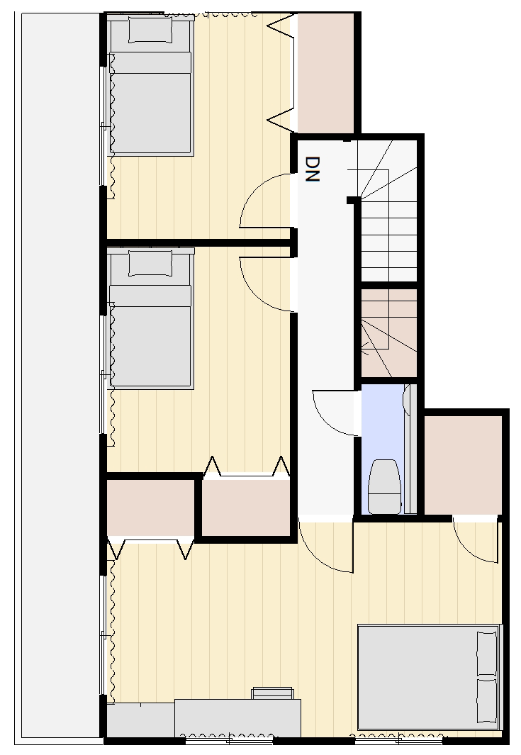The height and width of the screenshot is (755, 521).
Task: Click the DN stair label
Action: pos(313,169)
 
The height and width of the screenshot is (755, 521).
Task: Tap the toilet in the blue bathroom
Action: pos(384,486)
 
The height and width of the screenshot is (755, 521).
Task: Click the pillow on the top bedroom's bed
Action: pos(150,30)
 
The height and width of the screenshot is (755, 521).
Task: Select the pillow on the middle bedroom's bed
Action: pos(150,264)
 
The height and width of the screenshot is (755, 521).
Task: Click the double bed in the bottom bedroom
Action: pos(430,676)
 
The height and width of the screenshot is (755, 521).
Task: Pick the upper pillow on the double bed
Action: pos(486,654)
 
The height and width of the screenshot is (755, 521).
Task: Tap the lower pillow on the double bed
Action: pos(486,700)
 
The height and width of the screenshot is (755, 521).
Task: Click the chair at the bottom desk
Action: pos(272,693)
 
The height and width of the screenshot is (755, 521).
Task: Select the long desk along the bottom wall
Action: pos(238,718)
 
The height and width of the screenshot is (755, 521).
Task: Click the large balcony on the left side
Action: pos(60,376)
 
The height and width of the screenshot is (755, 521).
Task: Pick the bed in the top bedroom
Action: pos(150,85)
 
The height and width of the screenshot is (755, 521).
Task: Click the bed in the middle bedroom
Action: pos(150,318)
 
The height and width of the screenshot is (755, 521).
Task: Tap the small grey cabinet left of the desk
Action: pos(140,720)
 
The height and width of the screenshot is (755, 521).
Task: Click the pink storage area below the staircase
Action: pos(389,333)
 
